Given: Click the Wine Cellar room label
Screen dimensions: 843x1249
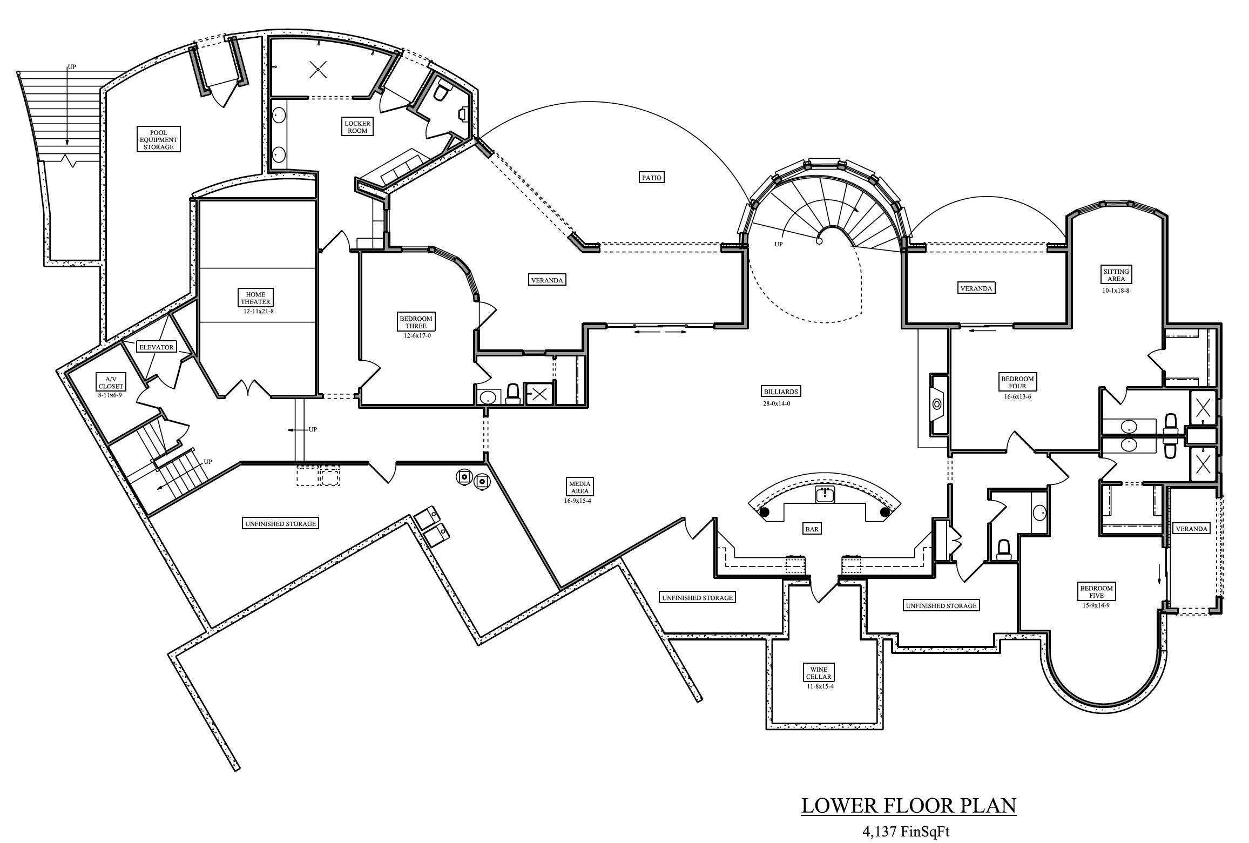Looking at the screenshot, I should [x=819, y=673].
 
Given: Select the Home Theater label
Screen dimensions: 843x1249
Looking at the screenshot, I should [x=256, y=298].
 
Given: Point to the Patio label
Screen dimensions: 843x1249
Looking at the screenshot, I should [x=651, y=177].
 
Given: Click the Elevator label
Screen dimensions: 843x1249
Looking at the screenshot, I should [x=157, y=347].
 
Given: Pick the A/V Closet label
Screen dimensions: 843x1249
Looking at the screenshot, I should [x=111, y=383].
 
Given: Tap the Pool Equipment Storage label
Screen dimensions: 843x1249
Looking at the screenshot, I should [x=158, y=139].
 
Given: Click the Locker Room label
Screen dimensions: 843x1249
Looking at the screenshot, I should [x=357, y=127].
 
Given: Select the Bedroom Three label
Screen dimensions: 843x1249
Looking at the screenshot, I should [x=416, y=322].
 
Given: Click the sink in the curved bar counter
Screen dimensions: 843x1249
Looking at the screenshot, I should [x=825, y=494].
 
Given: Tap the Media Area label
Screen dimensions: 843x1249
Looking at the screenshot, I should [x=579, y=487].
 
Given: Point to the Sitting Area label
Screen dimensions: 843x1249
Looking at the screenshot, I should [x=1116, y=275].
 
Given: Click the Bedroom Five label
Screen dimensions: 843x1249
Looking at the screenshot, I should [x=1096, y=591].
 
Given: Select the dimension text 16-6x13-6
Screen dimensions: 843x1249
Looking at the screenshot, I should [x=1017, y=396].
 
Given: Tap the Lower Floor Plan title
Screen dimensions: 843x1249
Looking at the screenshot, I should [x=908, y=805].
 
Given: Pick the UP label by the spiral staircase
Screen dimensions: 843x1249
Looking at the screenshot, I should [x=778, y=244].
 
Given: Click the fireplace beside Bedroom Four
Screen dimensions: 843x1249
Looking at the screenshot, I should [x=937, y=404].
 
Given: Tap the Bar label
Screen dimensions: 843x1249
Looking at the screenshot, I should [x=812, y=529].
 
